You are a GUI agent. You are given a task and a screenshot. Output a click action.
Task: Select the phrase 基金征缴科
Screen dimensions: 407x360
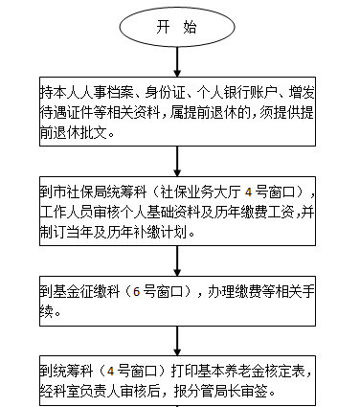(x=87, y=291)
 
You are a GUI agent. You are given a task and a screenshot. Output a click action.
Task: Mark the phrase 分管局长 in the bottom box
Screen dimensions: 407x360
(x=216, y=392)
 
